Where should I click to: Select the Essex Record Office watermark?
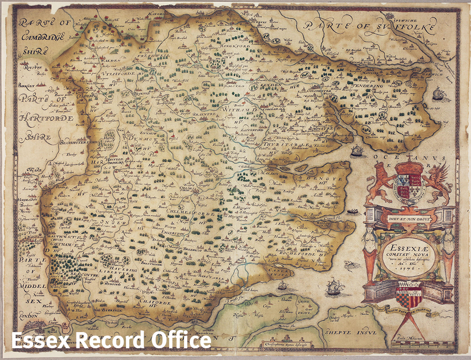click(x=111, y=340)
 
